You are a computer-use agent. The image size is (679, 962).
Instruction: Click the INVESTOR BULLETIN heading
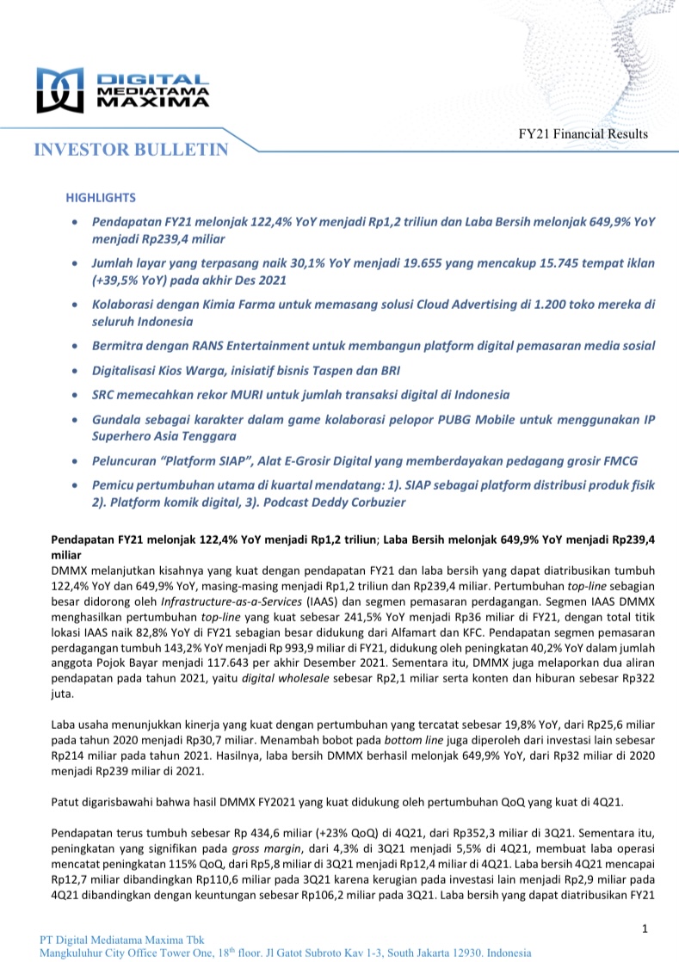[132, 150]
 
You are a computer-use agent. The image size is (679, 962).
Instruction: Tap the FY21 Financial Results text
[583, 133]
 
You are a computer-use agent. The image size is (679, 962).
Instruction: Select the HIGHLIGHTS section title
[101, 198]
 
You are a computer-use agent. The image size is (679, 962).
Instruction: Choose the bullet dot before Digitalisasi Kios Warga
[77, 371]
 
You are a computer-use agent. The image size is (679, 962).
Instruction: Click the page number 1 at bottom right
[644, 928]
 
